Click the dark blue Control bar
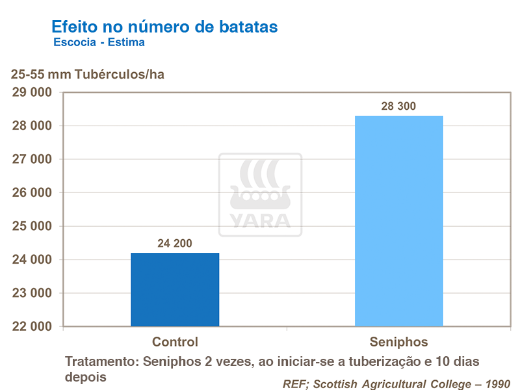(x=175, y=289)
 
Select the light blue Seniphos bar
(x=398, y=221)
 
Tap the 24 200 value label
(x=175, y=244)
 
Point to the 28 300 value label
(x=398, y=107)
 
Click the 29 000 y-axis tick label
(x=32, y=92)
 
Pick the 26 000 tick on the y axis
(x=32, y=193)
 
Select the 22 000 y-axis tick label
(x=32, y=327)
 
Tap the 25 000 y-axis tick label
(x=32, y=226)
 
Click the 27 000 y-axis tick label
(x=32, y=159)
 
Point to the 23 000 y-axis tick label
(x=32, y=293)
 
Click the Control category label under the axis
(x=175, y=342)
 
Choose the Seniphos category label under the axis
(x=398, y=342)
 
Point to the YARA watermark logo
(x=260, y=194)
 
